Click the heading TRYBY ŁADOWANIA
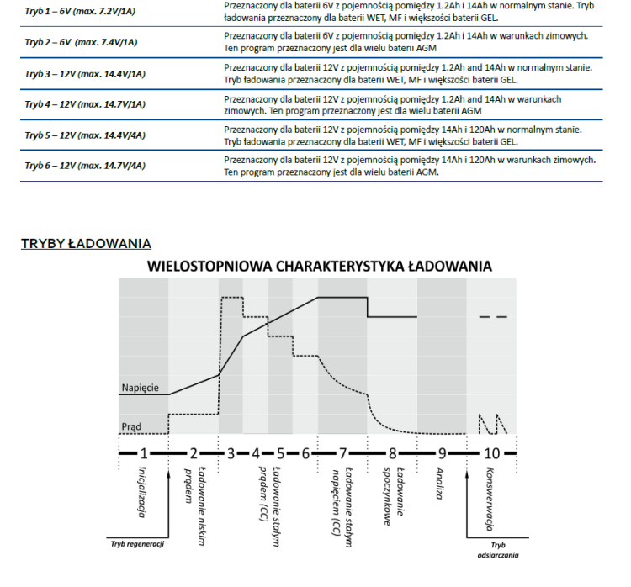click(x=85, y=244)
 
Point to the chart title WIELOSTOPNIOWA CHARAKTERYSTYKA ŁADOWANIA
click(x=319, y=267)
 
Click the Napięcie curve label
click(x=140, y=388)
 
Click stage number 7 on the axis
click(x=342, y=452)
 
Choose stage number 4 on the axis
click(x=256, y=452)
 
